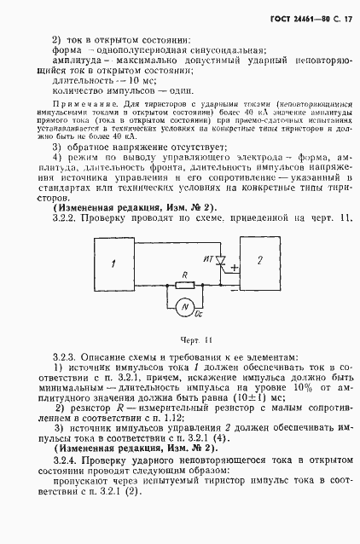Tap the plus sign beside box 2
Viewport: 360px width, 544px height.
(x=234, y=269)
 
